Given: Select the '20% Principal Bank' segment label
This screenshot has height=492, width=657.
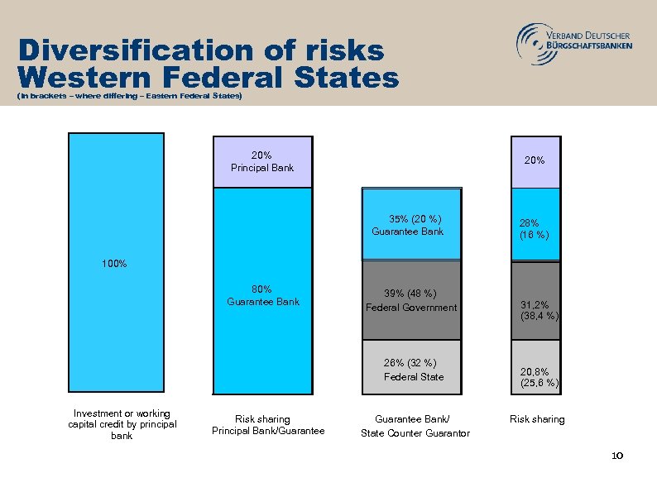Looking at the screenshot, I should tap(262, 161).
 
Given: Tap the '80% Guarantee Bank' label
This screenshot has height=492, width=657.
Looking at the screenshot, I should tap(263, 295).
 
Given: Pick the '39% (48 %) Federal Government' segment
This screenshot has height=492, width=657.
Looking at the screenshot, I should tap(411, 300).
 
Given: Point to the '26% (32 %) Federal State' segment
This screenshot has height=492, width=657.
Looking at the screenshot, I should tap(412, 369).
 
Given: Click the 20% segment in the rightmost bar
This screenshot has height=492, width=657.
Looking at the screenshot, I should tap(535, 160).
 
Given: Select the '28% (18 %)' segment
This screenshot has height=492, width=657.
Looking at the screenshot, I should tap(535, 227).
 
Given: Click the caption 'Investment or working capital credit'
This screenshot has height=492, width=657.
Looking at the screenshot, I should tap(122, 424).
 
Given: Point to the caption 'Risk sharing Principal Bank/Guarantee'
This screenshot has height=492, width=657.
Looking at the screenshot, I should tap(268, 424).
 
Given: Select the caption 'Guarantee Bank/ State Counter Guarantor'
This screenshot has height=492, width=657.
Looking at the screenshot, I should tap(415, 426).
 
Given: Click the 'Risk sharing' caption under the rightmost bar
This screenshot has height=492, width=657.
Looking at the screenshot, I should tap(537, 419).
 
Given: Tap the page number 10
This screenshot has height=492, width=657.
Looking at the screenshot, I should tap(616, 456).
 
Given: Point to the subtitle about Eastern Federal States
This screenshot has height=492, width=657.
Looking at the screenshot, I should tap(129, 98).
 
